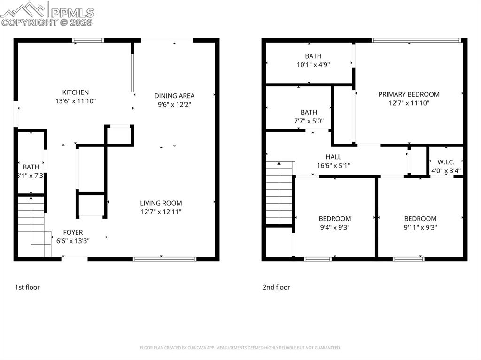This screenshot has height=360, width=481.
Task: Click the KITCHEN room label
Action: coord(76,92)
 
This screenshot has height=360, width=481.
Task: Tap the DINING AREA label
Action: coord(174,96)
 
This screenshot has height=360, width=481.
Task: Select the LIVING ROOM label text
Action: coord(161,203)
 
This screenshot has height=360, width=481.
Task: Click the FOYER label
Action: coord(73,232)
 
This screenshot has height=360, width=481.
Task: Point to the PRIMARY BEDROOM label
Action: coord(409,94)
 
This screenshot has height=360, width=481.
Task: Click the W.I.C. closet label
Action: coord(446,162)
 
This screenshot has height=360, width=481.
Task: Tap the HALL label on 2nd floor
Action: coord(334,157)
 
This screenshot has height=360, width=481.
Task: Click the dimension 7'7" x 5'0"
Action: coord(309,121)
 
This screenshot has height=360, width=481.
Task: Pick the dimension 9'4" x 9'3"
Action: coord(334,227)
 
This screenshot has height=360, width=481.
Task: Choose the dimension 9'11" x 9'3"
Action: coord(420,227)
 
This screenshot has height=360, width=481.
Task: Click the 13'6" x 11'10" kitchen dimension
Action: coord(76,101)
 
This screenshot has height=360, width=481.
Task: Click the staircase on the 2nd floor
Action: coord(279,192)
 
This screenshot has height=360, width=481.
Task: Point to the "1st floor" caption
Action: coord(28,287)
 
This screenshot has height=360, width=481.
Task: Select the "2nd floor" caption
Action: coord(276,287)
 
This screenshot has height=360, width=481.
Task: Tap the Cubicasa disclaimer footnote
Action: coord(240,348)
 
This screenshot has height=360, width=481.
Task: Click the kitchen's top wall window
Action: coord(88,41)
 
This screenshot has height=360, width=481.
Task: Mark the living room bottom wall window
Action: coord(164,259)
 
